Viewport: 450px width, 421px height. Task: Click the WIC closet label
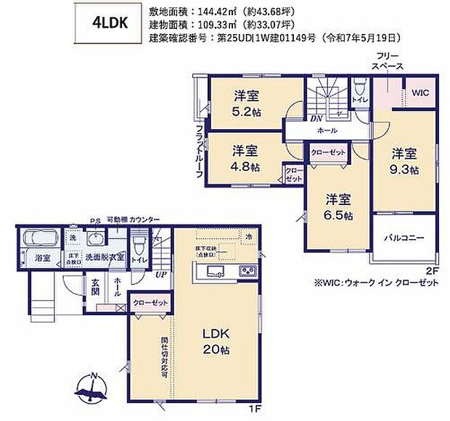(x=421, y=93)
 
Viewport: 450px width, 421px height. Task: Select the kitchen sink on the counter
(x=216, y=271)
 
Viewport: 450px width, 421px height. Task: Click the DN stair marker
(x=316, y=119)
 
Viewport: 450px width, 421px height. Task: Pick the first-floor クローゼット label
(x=150, y=304)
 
